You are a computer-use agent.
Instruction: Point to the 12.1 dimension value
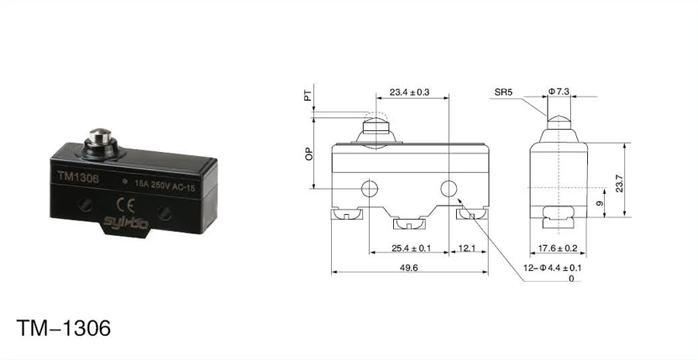click(x=467, y=248)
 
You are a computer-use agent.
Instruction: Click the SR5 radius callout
click(x=504, y=92)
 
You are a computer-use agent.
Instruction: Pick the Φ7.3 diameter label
click(x=559, y=92)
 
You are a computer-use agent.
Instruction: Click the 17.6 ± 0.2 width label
click(x=558, y=248)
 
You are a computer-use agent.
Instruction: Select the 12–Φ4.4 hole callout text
click(x=554, y=268)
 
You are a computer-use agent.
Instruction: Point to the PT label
click(x=308, y=97)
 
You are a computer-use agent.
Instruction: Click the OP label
click(x=308, y=154)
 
